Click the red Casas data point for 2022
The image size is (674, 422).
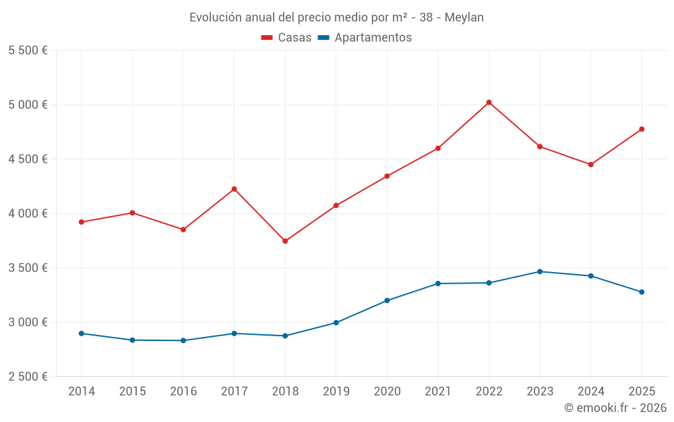pyautogui.click(x=489, y=103)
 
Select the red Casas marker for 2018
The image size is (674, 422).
pyautogui.click(x=285, y=241)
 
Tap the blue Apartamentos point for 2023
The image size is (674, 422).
pyautogui.click(x=540, y=271)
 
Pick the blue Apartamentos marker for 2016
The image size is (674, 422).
pyautogui.click(x=183, y=340)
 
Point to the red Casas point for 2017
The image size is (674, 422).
pyautogui.click(x=234, y=189)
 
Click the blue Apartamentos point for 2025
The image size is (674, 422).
pyautogui.click(x=642, y=292)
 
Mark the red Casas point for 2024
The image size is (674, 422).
pyautogui.click(x=590, y=165)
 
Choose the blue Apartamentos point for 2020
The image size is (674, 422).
pyautogui.click(x=387, y=300)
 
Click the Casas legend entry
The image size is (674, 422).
pyautogui.click(x=286, y=38)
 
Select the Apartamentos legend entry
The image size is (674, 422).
pyautogui.click(x=365, y=38)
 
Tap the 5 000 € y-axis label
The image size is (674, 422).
pyautogui.click(x=28, y=105)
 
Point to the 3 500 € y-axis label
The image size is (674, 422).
pyautogui.click(x=28, y=268)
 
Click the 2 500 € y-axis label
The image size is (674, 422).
pyautogui.click(x=28, y=377)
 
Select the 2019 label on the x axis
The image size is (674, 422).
pyautogui.click(x=336, y=392)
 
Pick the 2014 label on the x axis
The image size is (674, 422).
pyautogui.click(x=82, y=392)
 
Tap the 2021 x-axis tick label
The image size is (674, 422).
pyautogui.click(x=438, y=392)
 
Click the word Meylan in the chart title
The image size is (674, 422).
pyautogui.click(x=466, y=18)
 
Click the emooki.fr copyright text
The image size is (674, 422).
pyautogui.click(x=615, y=408)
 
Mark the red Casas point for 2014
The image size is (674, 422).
pyautogui.click(x=82, y=222)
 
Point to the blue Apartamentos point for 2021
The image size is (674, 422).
pyautogui.click(x=438, y=284)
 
